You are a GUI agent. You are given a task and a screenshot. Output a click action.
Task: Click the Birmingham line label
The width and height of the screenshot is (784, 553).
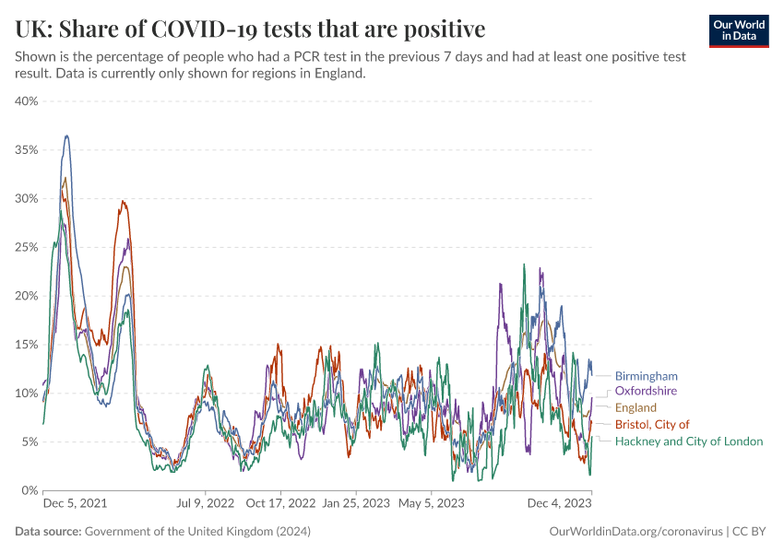[646, 376]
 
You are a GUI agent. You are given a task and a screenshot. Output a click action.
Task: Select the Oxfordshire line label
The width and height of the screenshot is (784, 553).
[646, 391]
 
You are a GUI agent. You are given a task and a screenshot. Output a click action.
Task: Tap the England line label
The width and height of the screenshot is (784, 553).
[636, 407]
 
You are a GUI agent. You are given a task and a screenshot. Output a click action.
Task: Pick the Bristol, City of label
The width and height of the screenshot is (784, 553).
[651, 424]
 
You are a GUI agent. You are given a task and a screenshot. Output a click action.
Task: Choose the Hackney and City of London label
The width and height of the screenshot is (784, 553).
[688, 441]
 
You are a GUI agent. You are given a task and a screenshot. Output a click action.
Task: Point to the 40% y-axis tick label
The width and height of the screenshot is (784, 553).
[27, 101]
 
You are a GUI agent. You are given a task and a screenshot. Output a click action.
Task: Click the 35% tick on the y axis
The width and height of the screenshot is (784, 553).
[27, 150]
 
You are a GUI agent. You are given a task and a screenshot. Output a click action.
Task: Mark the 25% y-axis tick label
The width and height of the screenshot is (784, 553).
[27, 247]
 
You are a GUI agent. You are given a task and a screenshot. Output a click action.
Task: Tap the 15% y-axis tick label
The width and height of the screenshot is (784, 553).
[27, 345]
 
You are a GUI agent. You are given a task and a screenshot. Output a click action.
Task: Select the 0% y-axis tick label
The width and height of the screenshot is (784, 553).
[30, 490]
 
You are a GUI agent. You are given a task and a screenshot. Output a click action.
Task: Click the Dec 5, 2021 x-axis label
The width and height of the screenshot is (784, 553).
[76, 504]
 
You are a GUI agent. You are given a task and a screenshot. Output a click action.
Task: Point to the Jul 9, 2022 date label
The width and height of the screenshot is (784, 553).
[206, 504]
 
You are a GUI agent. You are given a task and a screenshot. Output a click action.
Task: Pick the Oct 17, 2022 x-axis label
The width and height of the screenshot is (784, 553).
[280, 504]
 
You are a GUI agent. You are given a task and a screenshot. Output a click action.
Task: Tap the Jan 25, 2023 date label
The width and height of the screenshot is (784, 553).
[355, 504]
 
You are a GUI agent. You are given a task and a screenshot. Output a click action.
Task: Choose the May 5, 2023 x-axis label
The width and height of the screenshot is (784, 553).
[431, 504]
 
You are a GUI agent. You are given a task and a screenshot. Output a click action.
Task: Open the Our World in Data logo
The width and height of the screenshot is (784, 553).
[739, 30]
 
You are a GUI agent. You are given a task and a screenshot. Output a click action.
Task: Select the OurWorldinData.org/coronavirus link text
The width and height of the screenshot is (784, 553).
[636, 532]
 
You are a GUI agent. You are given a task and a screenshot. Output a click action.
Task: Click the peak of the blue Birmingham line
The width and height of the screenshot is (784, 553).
[66, 136]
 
